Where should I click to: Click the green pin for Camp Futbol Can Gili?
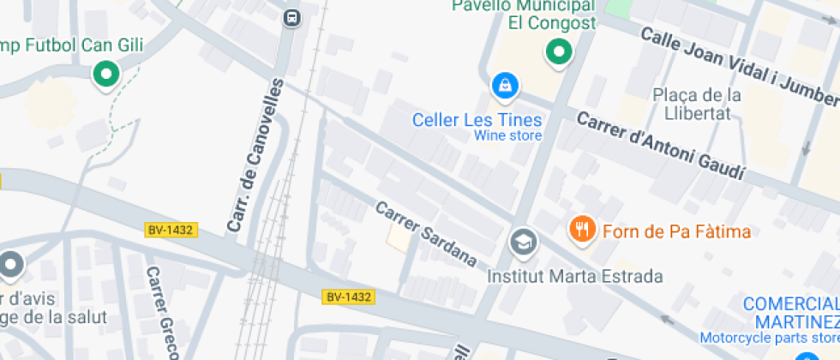click(106, 74)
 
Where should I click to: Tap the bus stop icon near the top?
click(292, 17)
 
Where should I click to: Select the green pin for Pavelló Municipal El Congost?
click(559, 52)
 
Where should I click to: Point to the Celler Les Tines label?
click(477, 119)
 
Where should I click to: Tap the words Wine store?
click(507, 135)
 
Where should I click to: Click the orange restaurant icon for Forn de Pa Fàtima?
click(583, 229)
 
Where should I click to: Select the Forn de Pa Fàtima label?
click(664, 231)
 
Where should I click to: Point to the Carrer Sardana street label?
click(426, 233)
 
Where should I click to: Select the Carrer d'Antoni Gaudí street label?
click(659, 146)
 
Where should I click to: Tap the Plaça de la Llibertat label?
click(696, 104)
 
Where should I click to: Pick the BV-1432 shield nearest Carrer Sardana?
click(348, 297)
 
